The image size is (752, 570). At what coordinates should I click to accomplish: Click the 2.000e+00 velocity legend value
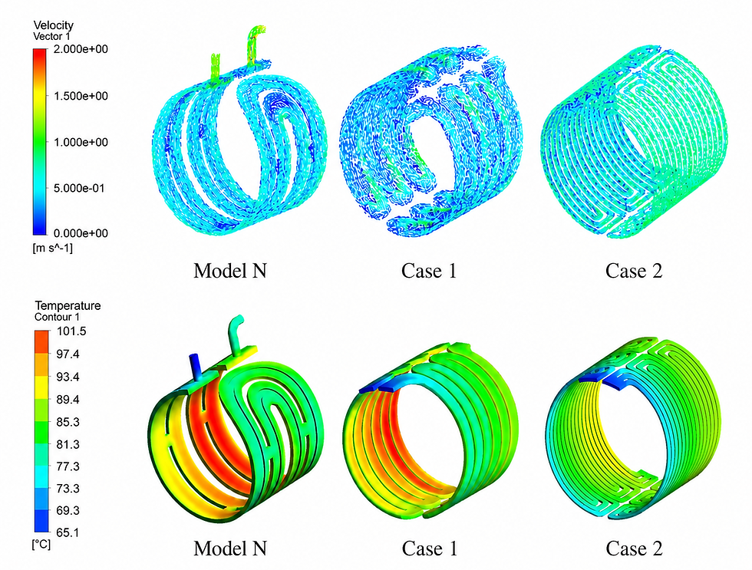(x=81, y=49)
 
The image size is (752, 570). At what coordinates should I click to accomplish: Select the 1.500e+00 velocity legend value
(x=81, y=96)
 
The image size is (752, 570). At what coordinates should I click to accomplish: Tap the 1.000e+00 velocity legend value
(x=81, y=142)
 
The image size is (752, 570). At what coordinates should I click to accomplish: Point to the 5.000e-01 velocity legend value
(x=78, y=188)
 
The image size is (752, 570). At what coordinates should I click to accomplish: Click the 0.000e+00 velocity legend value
(x=81, y=233)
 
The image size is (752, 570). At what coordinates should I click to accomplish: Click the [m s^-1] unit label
(x=53, y=248)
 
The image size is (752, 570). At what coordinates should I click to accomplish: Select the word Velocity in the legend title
(x=53, y=25)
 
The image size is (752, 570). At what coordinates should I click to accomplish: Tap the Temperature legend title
(x=68, y=305)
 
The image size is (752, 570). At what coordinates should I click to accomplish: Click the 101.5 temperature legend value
(x=71, y=331)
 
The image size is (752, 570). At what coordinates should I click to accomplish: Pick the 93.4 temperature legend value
(x=68, y=377)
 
